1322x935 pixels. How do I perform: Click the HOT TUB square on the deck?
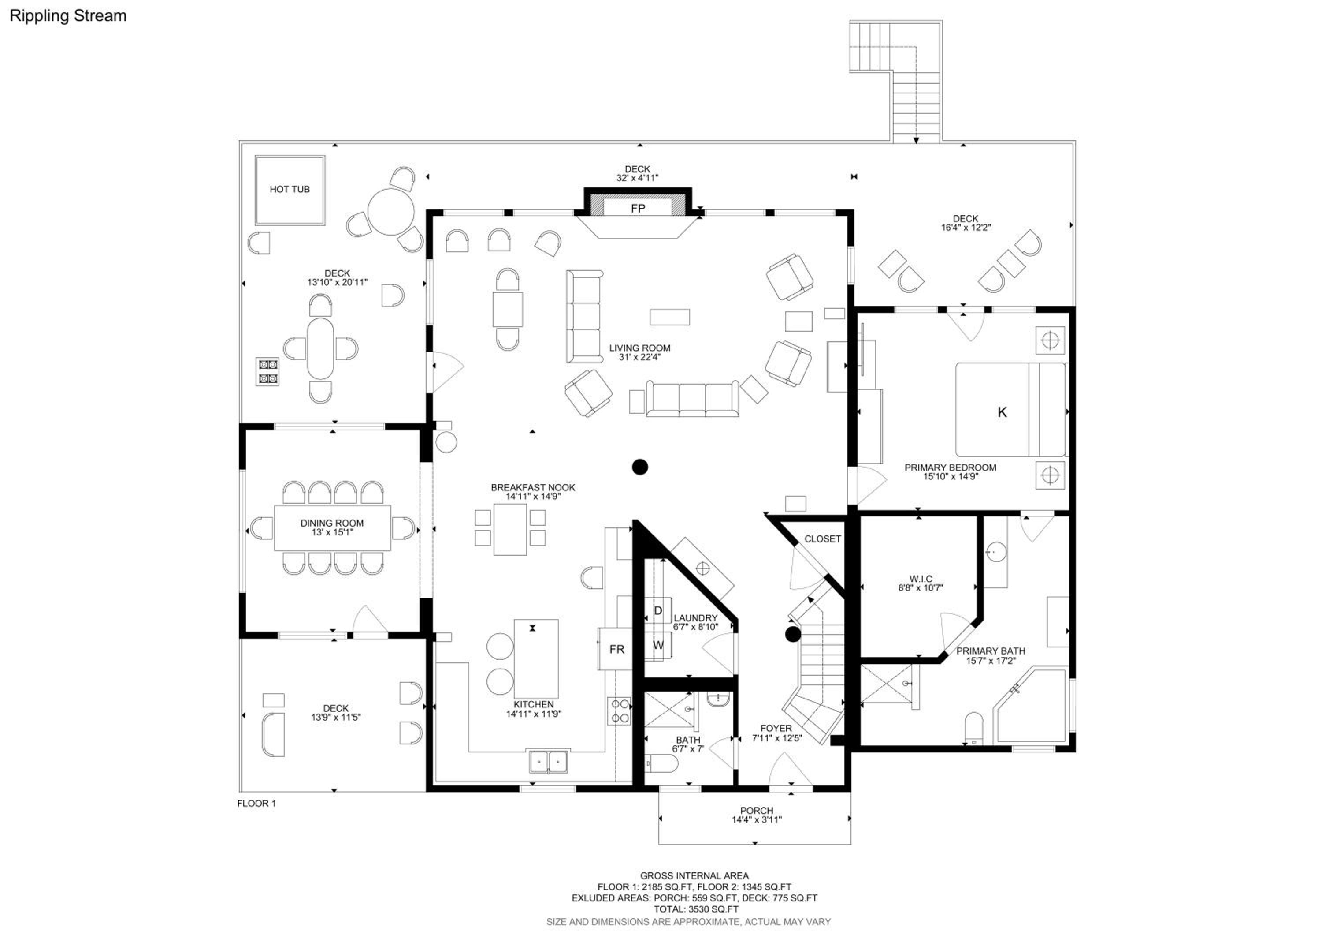pyautogui.click(x=290, y=190)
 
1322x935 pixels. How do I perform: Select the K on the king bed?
pyautogui.click(x=1002, y=412)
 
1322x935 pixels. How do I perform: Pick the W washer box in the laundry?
pyautogui.click(x=658, y=645)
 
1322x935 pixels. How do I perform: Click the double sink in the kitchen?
pyautogui.click(x=548, y=762)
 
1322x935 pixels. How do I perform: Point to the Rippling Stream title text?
pyautogui.click(x=68, y=16)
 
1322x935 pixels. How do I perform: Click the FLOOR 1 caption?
pyautogui.click(x=256, y=804)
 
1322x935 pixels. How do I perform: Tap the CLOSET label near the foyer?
pyautogui.click(x=822, y=539)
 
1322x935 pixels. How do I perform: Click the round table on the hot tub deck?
pyautogui.click(x=391, y=211)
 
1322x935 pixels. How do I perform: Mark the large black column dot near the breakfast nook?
pyautogui.click(x=640, y=467)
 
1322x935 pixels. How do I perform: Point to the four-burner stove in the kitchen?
pyautogui.click(x=620, y=711)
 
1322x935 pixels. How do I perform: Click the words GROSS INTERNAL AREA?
pyautogui.click(x=694, y=875)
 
